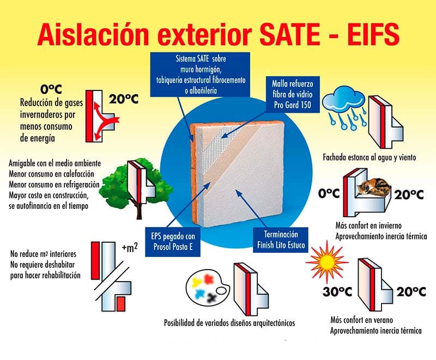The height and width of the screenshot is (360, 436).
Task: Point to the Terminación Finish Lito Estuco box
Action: point(280,240)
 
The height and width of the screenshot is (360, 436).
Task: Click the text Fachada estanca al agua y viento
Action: point(368,157)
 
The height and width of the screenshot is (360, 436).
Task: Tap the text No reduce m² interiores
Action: point(44,253)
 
